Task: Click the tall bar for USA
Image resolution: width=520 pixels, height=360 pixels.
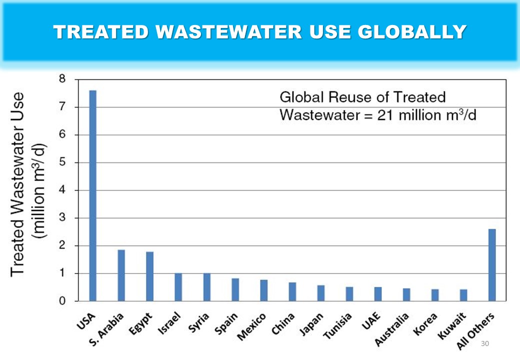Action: click(x=92, y=195)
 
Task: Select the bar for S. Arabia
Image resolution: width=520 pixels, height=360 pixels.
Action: click(x=121, y=275)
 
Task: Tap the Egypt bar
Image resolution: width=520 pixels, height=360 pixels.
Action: click(x=149, y=276)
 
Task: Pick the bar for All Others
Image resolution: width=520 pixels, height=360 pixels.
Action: click(x=492, y=265)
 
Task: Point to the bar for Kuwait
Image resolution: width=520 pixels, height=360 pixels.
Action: click(x=463, y=295)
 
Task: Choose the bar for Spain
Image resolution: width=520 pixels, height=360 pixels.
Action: click(x=235, y=290)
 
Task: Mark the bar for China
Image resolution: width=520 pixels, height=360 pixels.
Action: click(x=292, y=292)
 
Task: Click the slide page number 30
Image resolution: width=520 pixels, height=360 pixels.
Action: click(x=484, y=344)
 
